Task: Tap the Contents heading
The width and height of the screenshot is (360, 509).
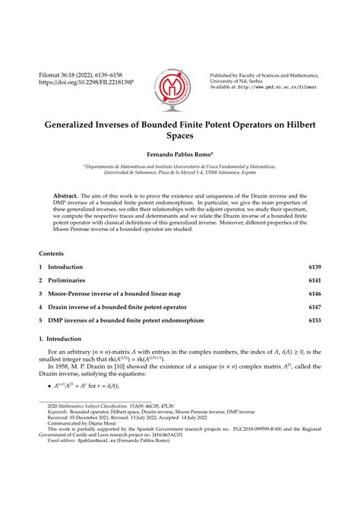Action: (52, 251)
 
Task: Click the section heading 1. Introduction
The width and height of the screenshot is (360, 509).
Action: (62, 338)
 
